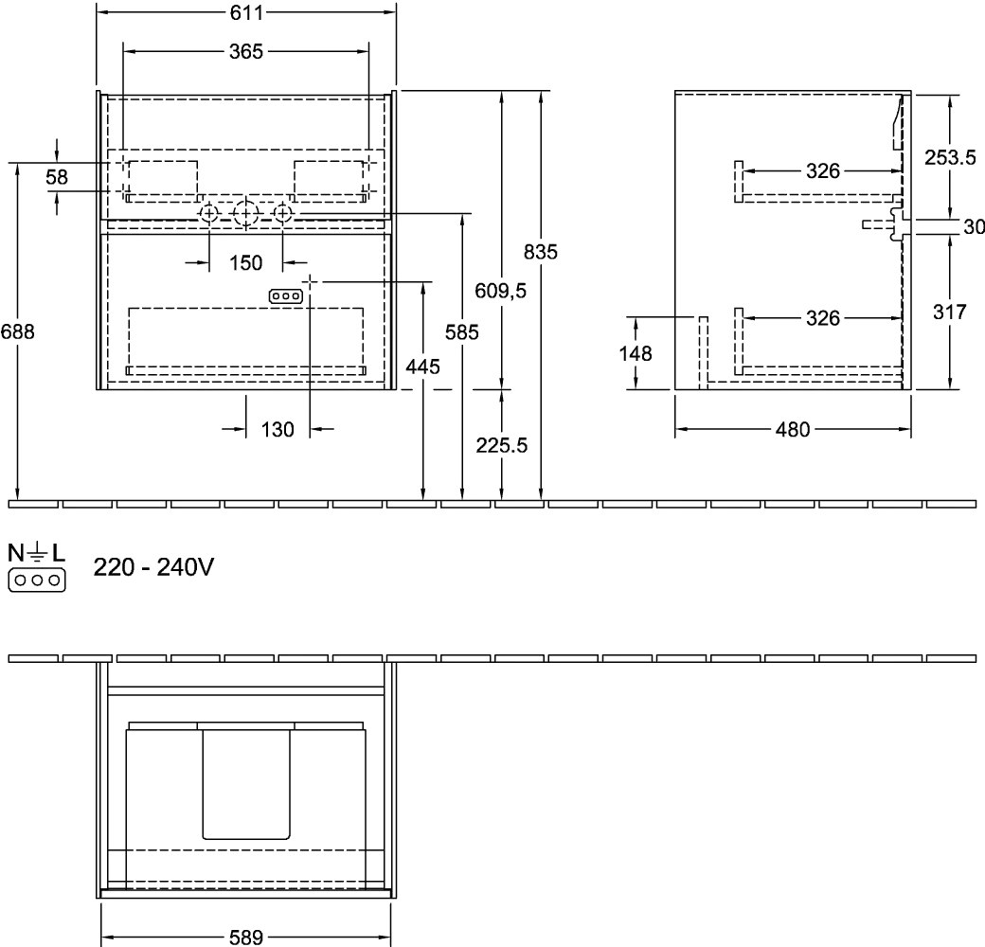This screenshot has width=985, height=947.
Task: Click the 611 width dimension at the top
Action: click(x=246, y=12)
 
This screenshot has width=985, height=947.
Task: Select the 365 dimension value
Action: click(x=246, y=51)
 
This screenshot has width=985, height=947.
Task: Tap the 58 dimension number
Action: click(x=57, y=177)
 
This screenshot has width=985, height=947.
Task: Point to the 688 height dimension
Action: click(x=18, y=331)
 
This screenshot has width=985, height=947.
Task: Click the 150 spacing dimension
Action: click(x=245, y=262)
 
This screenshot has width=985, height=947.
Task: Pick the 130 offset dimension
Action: click(x=277, y=430)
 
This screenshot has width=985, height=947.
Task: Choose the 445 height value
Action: click(x=422, y=366)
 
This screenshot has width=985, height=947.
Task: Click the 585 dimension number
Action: click(x=462, y=331)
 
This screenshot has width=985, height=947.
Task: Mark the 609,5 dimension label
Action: click(x=500, y=291)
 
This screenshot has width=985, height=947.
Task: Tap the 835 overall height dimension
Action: click(x=540, y=252)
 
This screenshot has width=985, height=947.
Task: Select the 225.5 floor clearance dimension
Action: click(x=501, y=445)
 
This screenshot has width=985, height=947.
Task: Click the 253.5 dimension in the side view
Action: click(x=949, y=157)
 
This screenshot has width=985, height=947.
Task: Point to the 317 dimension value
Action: click(x=949, y=312)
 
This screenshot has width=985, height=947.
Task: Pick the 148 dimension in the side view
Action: click(x=636, y=353)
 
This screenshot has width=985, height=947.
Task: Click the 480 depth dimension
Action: click(x=793, y=430)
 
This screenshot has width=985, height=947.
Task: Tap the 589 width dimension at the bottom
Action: click(x=245, y=938)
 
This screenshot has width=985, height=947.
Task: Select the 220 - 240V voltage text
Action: click(x=153, y=567)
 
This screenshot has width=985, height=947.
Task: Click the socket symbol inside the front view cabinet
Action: click(x=286, y=295)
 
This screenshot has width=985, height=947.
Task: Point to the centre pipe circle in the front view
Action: click(x=245, y=215)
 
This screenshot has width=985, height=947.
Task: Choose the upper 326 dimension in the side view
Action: click(x=822, y=170)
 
